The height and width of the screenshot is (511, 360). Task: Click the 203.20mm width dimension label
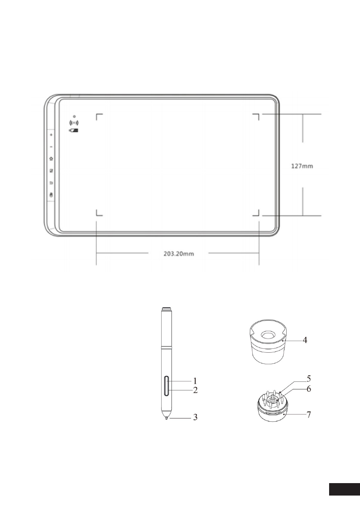(x=178, y=254)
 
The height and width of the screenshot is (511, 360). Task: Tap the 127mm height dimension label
(x=302, y=166)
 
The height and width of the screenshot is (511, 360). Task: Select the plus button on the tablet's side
(x=51, y=135)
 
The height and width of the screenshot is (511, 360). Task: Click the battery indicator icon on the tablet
(x=74, y=130)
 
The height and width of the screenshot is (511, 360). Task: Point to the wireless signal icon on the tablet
(x=74, y=123)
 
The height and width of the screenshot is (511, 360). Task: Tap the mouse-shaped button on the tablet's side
(x=51, y=195)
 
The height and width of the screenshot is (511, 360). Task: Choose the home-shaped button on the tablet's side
(x=51, y=159)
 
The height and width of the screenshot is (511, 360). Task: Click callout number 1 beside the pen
(x=195, y=381)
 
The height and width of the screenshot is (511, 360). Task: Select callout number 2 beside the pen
(x=195, y=390)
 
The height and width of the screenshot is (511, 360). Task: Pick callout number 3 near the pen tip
(x=195, y=417)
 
